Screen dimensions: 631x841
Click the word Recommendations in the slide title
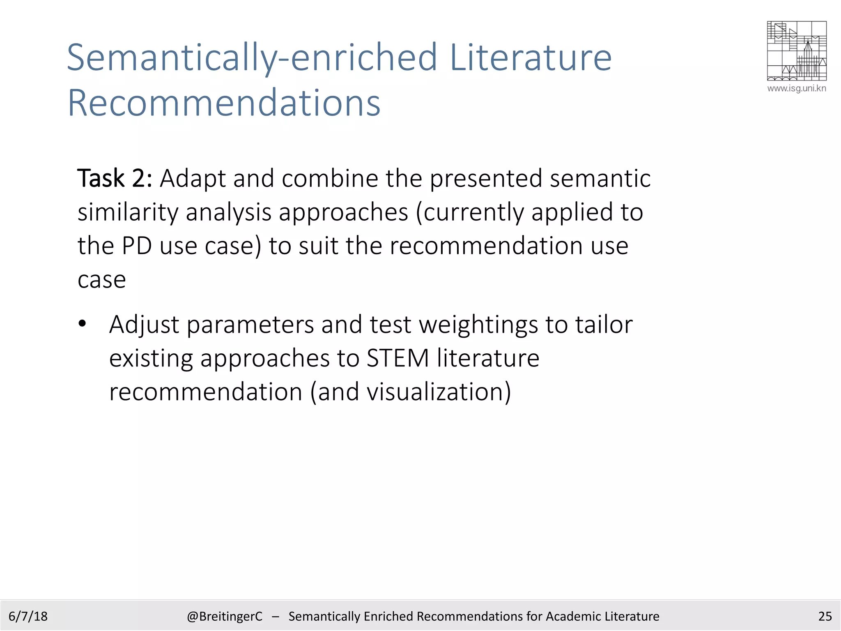pyautogui.click(x=224, y=103)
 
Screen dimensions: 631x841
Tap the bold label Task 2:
pyautogui.click(x=115, y=179)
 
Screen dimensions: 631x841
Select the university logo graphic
pyautogui.click(x=797, y=51)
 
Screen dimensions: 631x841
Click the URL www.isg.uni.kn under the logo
pyautogui.click(x=797, y=88)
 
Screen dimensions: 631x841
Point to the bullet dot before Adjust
pyautogui.click(x=83, y=324)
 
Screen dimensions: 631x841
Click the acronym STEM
pyautogui.click(x=398, y=358)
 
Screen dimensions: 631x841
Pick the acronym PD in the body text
pyautogui.click(x=136, y=246)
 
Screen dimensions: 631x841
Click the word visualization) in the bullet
pyautogui.click(x=439, y=392)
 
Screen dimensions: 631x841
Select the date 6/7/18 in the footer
pyautogui.click(x=28, y=616)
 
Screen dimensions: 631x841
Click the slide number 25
pyautogui.click(x=825, y=616)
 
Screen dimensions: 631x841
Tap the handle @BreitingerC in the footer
pyautogui.click(x=224, y=616)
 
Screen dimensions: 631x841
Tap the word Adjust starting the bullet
pyautogui.click(x=144, y=325)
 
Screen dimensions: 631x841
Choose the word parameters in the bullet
pyautogui.click(x=250, y=325)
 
